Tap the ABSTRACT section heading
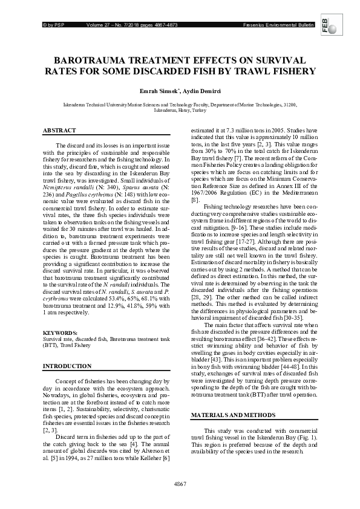tap(59, 131)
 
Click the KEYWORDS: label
tap(60, 333)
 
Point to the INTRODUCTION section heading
tap(67, 367)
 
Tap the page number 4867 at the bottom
tap(180, 484)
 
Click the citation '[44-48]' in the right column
tap(286, 366)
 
